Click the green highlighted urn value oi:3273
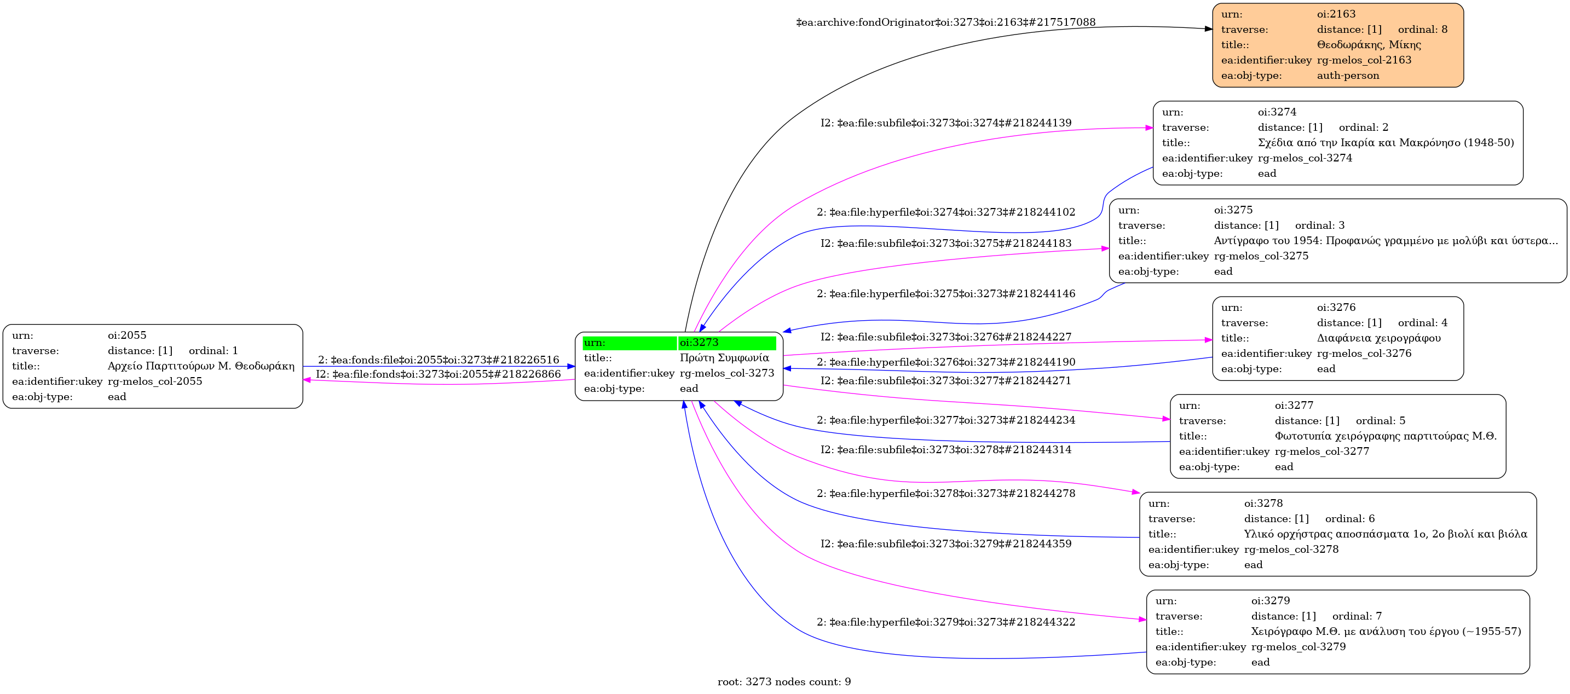pyautogui.click(x=699, y=343)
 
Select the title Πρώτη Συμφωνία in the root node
pyautogui.click(x=724, y=357)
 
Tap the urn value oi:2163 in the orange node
pyautogui.click(x=1336, y=14)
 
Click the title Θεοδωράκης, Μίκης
pyautogui.click(x=1368, y=44)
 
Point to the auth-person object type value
pyautogui.click(x=1348, y=76)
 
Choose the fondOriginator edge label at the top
pyautogui.click(x=945, y=22)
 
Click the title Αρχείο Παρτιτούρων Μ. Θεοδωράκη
pyautogui.click(x=200, y=366)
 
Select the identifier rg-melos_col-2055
pyautogui.click(x=155, y=381)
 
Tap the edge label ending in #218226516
pyautogui.click(x=438, y=360)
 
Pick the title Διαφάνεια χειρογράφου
pyautogui.click(x=1378, y=338)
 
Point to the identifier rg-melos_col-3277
pyautogui.click(x=1322, y=452)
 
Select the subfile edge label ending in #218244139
pyautogui.click(x=945, y=123)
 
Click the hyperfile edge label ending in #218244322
pyautogui.click(x=946, y=622)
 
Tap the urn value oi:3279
pyautogui.click(x=1270, y=601)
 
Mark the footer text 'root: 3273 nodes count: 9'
pyautogui.click(x=784, y=682)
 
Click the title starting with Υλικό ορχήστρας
pyautogui.click(x=1386, y=534)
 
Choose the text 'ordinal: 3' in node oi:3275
pyautogui.click(x=1319, y=225)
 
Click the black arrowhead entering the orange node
pyautogui.click(x=1208, y=28)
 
